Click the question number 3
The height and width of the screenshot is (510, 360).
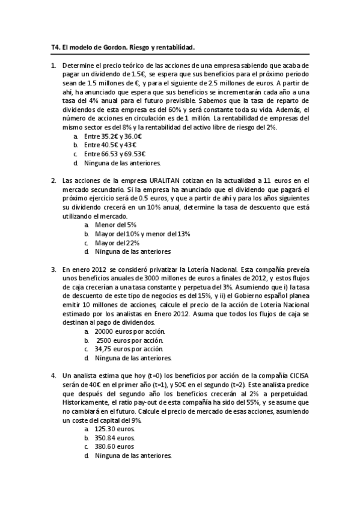point(53,269)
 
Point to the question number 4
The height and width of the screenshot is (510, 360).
point(53,376)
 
